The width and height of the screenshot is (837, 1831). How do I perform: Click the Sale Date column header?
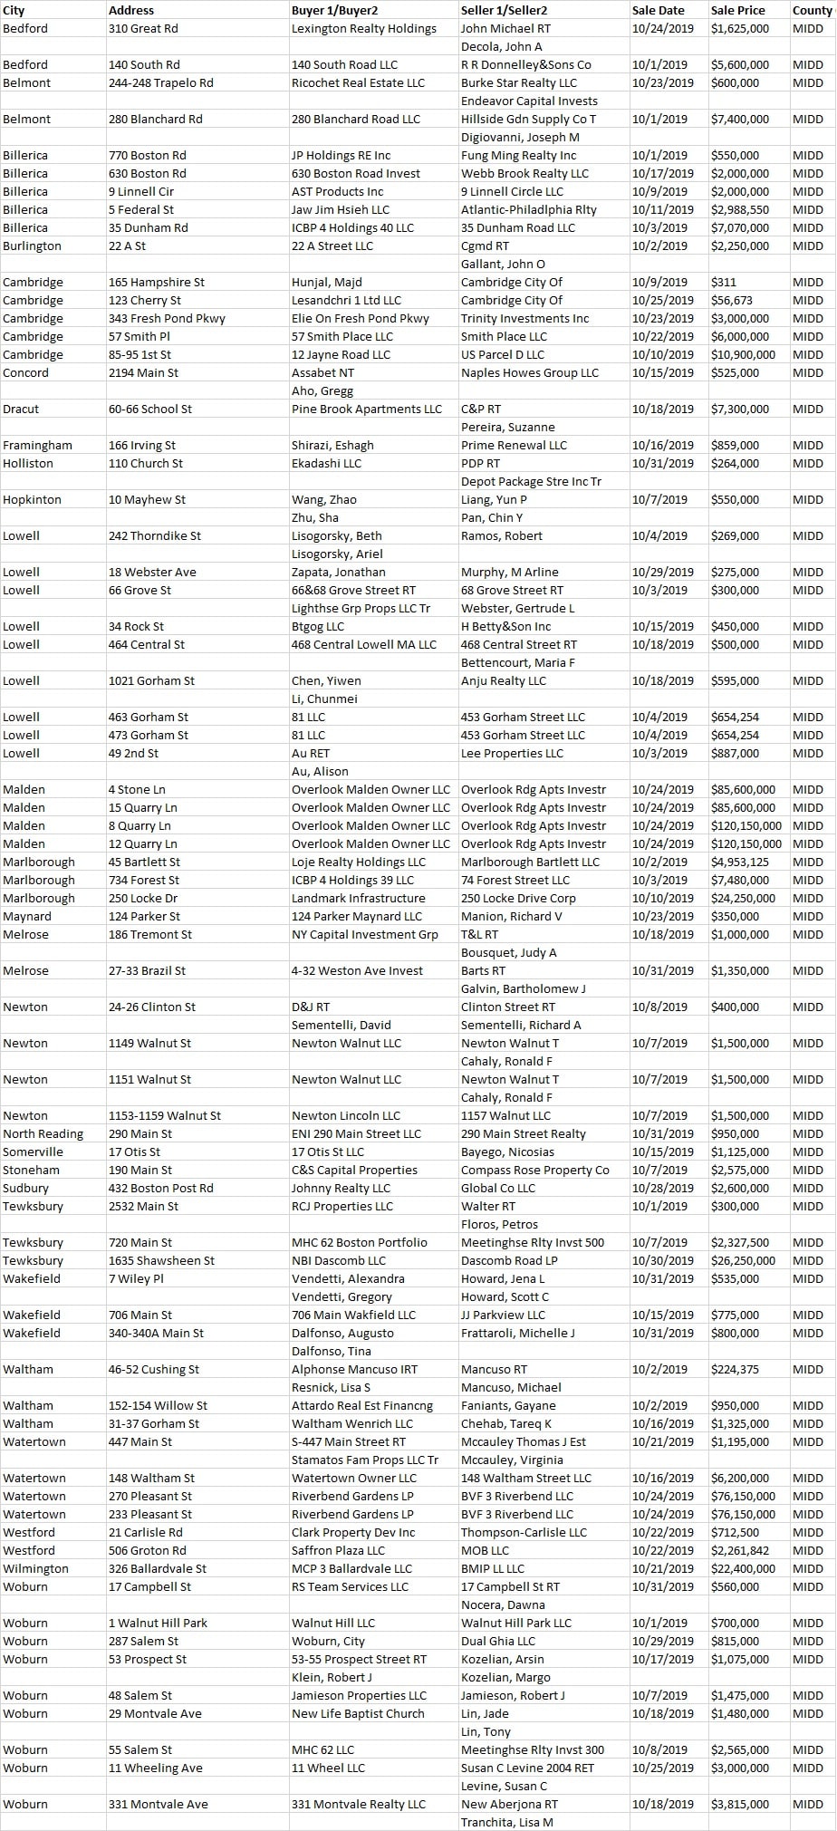[659, 10]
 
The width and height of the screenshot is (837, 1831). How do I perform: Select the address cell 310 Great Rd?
[143, 28]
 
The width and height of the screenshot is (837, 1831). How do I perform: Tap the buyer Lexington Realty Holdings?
[364, 28]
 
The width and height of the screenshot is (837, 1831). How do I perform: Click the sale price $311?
[724, 282]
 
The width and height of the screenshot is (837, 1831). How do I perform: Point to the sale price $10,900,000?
[743, 354]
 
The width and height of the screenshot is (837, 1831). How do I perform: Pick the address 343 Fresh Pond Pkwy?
[167, 318]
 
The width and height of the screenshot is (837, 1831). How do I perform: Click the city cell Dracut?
[21, 409]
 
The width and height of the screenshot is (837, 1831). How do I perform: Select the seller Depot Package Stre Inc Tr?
[531, 481]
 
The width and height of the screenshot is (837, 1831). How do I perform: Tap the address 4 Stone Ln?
[137, 789]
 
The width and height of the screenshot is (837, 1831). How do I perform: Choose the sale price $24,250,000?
[743, 898]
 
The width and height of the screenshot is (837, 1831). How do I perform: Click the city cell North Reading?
[43, 1133]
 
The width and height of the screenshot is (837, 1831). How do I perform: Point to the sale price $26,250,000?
[743, 1260]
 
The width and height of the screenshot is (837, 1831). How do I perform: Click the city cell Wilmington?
[35, 1568]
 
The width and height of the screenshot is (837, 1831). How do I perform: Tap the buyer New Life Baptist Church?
[358, 1713]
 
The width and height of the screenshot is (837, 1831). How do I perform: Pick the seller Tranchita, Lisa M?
[506, 1822]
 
